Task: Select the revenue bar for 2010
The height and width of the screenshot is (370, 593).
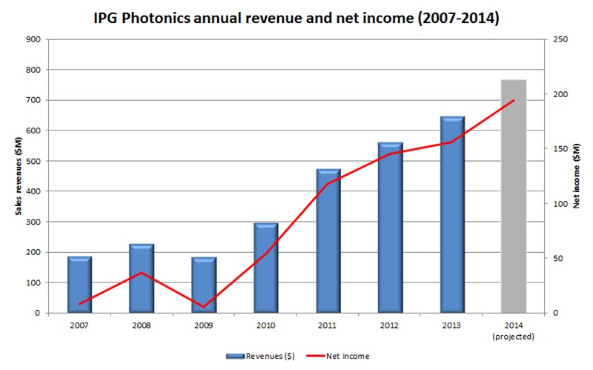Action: tap(266, 268)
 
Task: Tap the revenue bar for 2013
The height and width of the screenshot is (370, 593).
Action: tap(452, 215)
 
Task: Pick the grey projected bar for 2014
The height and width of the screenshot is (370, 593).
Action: tap(514, 196)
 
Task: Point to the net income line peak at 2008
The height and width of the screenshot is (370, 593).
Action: tap(142, 273)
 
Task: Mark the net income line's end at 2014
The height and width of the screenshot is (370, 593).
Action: tap(514, 100)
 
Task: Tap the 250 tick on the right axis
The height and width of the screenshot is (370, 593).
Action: tap(560, 39)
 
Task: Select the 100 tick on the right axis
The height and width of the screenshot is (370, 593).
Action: tap(560, 204)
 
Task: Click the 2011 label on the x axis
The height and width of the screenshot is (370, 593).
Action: tap(328, 326)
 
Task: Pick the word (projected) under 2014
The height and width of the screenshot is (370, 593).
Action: tap(514, 336)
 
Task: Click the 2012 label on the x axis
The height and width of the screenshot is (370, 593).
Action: tap(390, 326)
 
